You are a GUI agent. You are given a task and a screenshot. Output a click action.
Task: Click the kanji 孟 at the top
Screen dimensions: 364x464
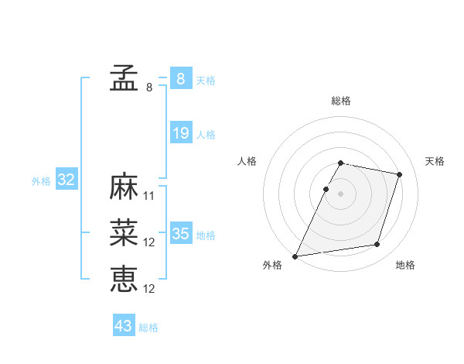tap(124, 77)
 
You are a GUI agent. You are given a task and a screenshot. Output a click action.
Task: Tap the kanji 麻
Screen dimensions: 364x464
tap(124, 187)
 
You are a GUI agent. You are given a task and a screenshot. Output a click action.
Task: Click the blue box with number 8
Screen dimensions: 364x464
tap(180, 79)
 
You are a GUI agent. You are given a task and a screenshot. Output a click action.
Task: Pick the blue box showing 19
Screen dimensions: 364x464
tap(180, 133)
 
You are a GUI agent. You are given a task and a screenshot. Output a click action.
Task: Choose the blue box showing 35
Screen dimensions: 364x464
tap(180, 234)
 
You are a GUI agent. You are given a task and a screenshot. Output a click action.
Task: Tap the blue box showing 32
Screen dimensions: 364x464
tap(67, 180)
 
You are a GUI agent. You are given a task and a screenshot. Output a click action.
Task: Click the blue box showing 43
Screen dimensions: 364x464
tap(124, 326)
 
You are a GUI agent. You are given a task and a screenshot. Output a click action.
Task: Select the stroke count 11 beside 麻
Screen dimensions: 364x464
tap(150, 196)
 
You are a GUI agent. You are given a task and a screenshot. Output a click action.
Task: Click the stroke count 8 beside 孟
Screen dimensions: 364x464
tap(149, 88)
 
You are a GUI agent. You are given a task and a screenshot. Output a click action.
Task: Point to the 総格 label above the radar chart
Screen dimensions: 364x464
tap(341, 101)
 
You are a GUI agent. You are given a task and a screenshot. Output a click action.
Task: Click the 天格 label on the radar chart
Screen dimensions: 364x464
tap(435, 161)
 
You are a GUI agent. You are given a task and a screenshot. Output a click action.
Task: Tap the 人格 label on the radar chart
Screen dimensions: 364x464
tap(247, 161)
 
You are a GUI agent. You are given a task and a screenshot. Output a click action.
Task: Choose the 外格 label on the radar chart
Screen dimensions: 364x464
tap(272, 265)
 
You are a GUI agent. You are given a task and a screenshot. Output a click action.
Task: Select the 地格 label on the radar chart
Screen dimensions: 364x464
tap(405, 265)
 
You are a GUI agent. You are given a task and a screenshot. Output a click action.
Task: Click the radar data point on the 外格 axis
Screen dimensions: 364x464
tap(295, 256)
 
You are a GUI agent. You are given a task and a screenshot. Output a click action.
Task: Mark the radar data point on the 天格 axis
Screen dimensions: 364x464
tap(400, 174)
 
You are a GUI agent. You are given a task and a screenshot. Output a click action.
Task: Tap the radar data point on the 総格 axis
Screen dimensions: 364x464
tap(341, 163)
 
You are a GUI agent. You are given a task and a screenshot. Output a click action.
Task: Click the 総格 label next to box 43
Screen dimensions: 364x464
tap(148, 328)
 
